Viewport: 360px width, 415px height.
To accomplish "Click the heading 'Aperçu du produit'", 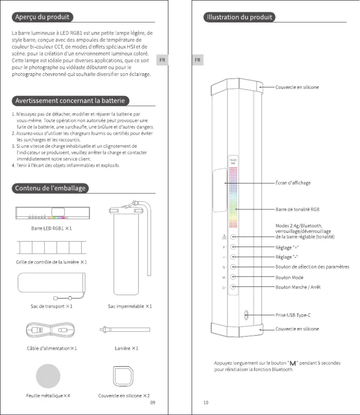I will [x=42, y=18].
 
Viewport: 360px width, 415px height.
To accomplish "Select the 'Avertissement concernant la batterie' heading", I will [x=72, y=100].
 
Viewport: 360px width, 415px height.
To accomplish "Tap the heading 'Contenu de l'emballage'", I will [x=51, y=188].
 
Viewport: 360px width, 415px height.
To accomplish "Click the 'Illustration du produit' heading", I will [x=239, y=18].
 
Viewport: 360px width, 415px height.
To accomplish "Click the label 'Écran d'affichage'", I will [x=293, y=183].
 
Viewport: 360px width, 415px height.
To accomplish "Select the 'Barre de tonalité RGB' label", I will [x=297, y=209].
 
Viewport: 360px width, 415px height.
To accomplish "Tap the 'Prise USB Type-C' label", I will [x=293, y=315].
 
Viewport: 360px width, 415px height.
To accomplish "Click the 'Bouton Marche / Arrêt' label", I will [x=298, y=287].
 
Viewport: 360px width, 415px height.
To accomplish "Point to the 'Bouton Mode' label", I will [x=290, y=277].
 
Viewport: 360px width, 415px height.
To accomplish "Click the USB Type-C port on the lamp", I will [x=246, y=315].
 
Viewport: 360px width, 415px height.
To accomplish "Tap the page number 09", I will [x=153, y=402].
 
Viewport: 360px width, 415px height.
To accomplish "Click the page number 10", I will [x=206, y=402].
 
